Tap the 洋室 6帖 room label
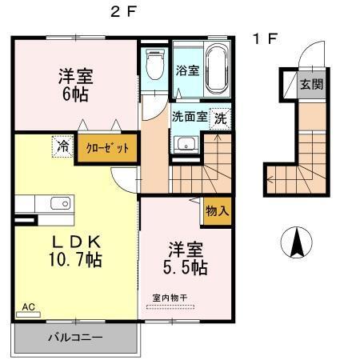point(75,84)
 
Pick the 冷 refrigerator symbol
point(62,146)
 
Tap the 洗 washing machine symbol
point(219,117)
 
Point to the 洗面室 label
point(190,117)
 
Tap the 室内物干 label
point(170,298)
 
